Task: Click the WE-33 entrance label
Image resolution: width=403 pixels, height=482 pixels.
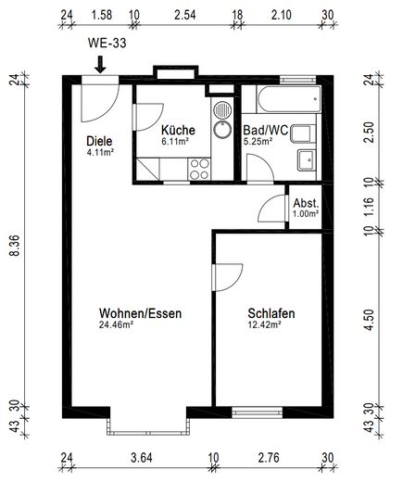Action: tap(107, 43)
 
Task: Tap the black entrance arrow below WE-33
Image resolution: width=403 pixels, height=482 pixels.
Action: tap(100, 65)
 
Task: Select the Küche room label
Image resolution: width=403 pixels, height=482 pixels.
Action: tap(178, 130)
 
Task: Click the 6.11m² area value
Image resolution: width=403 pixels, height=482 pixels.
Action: tap(175, 142)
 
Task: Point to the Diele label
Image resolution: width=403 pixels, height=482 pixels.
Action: tap(99, 141)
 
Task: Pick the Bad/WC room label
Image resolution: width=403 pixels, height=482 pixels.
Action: tap(266, 130)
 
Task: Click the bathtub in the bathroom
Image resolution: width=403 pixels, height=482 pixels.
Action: tap(289, 99)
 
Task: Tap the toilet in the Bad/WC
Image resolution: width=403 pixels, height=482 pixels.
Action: tap(303, 133)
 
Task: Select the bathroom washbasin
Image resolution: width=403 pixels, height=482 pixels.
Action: tap(307, 159)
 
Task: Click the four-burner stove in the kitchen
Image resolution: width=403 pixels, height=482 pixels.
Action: tap(199, 169)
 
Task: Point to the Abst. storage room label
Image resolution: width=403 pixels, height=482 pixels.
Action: tap(306, 203)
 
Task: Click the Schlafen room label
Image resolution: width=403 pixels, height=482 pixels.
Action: tap(271, 313)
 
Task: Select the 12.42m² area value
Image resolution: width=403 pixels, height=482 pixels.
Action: tap(265, 324)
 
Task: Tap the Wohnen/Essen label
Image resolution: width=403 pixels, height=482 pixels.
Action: tap(140, 313)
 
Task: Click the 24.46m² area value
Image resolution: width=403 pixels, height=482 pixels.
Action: tap(116, 324)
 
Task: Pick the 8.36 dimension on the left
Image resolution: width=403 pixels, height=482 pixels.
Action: tap(15, 245)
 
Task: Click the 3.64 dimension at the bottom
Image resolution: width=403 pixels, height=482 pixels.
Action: tap(142, 458)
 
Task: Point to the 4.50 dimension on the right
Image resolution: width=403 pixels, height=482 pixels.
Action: tap(369, 320)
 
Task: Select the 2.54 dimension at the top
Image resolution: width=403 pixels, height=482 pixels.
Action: tap(185, 15)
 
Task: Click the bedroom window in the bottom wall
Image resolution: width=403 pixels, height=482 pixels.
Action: tap(258, 412)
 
